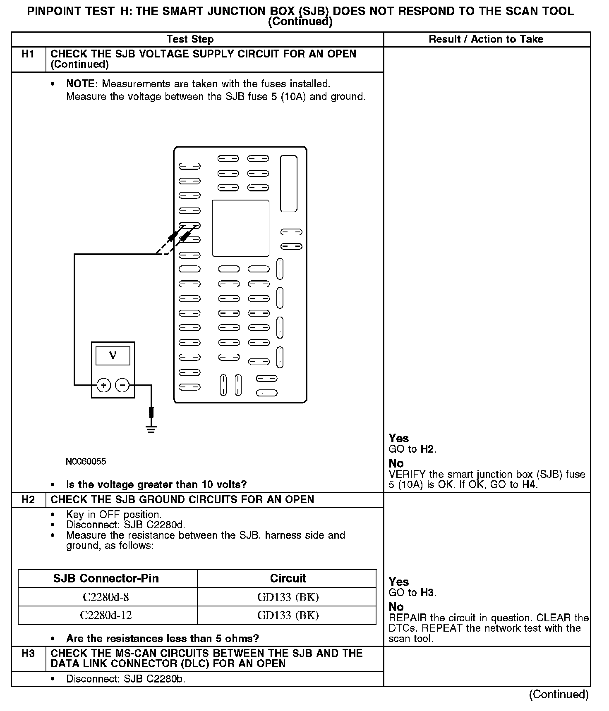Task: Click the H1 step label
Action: point(28,54)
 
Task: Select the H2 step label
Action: point(28,499)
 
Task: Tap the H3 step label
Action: point(28,654)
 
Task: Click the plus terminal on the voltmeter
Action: point(103,385)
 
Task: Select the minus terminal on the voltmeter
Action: point(122,385)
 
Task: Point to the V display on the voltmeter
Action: point(113,355)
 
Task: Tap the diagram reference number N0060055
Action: point(86,461)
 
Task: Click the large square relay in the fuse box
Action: point(240,228)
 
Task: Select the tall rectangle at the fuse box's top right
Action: point(289,184)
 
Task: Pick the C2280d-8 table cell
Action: point(107,597)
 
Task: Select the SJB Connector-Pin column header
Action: point(106,578)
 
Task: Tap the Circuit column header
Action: point(288,578)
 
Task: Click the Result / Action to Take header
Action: point(486,39)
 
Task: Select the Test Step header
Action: point(190,39)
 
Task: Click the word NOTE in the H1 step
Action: point(81,84)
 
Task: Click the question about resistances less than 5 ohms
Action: point(162,638)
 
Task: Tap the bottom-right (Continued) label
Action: point(559,694)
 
